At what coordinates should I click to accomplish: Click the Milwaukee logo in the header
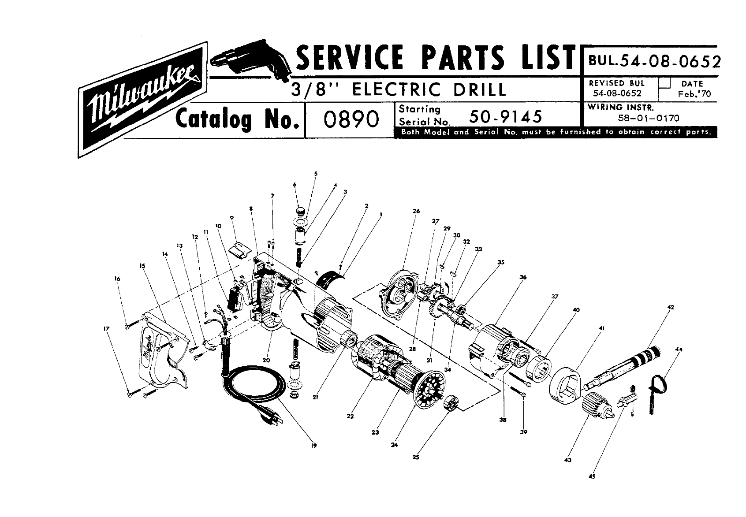[142, 100]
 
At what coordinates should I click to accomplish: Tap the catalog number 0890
[351, 119]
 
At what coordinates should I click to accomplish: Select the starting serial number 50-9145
[506, 116]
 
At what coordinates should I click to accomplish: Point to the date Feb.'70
[694, 94]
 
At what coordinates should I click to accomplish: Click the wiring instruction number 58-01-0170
[649, 118]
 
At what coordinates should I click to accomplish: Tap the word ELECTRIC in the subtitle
[396, 89]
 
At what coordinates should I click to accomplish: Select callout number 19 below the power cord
[314, 446]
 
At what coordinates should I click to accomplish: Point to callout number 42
[671, 307]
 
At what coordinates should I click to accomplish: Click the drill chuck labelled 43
[598, 405]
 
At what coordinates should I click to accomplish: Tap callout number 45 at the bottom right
[592, 476]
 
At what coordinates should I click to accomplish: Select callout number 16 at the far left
[117, 279]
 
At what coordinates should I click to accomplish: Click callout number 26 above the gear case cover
[416, 211]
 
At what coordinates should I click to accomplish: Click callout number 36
[523, 277]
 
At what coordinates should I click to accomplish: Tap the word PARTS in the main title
[463, 57]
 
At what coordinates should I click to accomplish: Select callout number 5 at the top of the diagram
[316, 174]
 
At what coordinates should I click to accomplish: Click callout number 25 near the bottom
[416, 457]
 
